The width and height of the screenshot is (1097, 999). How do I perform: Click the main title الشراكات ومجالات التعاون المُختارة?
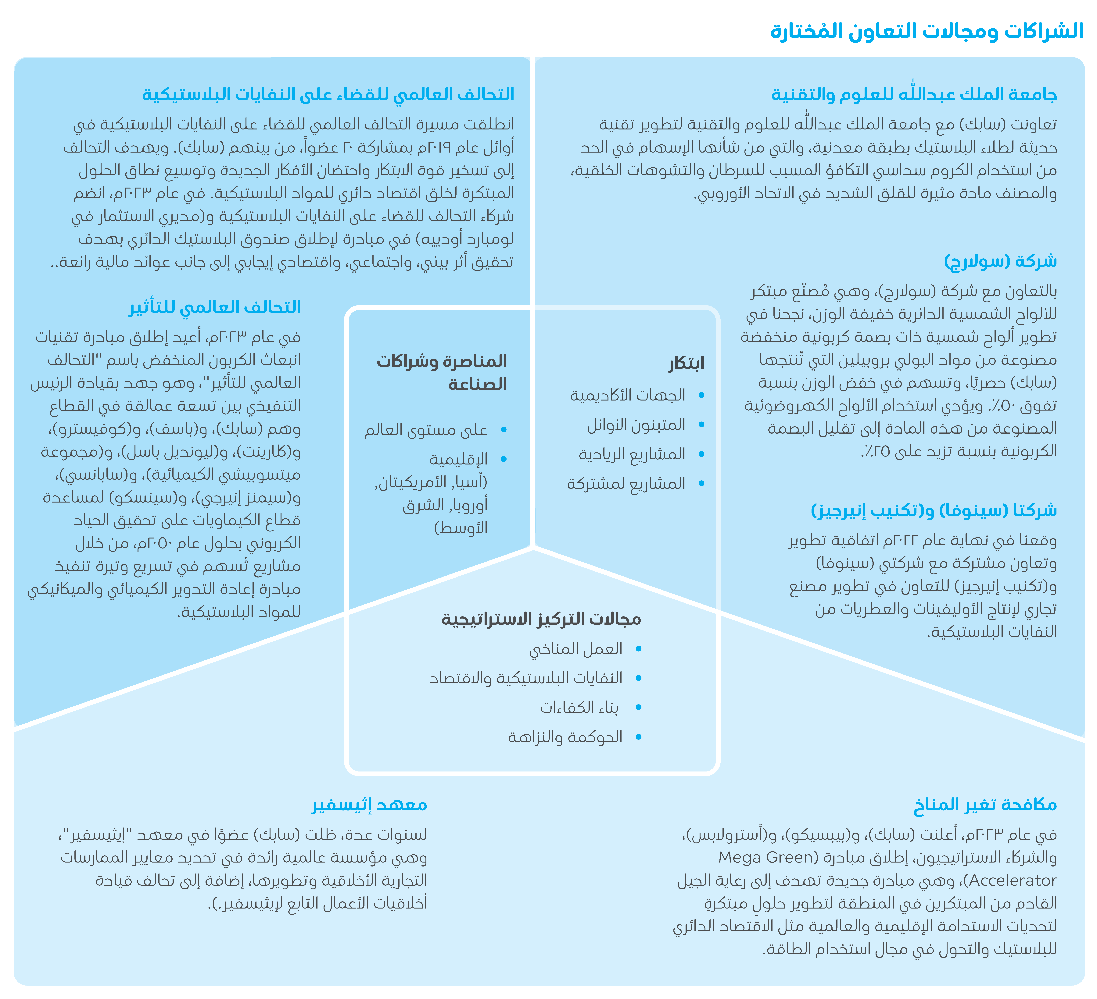tap(927, 31)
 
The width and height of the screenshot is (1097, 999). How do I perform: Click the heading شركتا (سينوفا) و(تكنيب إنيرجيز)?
tap(934, 511)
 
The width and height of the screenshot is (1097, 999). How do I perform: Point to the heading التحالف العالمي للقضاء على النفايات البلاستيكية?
tap(328, 95)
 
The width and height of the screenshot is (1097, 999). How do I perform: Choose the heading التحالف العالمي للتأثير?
tap(215, 307)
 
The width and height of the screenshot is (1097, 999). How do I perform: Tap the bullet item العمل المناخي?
tap(576, 649)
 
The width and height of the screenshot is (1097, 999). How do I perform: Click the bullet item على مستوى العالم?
tap(426, 430)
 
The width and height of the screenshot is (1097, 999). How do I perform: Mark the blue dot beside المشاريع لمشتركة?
tap(701, 483)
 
